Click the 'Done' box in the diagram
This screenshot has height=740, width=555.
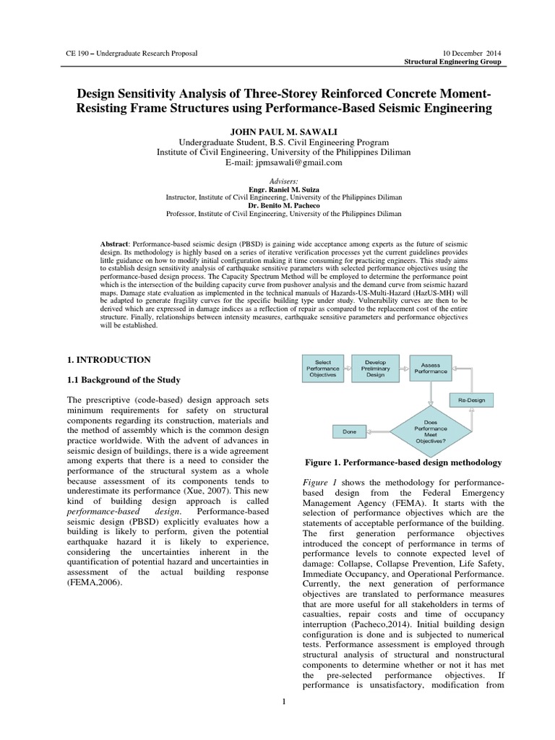(350, 431)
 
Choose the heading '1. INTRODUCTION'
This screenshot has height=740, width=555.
(108, 359)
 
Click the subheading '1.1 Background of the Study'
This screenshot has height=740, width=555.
(124, 380)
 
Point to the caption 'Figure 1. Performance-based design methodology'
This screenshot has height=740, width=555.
(400, 462)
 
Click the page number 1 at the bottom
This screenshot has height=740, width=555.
(284, 701)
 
